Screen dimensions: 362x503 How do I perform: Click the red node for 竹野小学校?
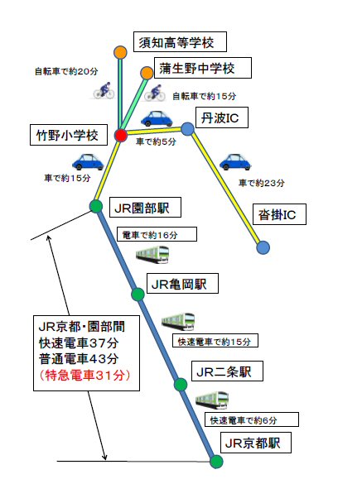pos(121,136)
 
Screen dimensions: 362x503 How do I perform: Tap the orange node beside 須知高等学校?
pos(120,52)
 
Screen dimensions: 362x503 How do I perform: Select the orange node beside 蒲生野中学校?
pos(147,73)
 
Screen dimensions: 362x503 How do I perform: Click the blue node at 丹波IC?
pos(187,129)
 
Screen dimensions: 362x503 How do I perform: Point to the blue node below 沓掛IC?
pos(263,247)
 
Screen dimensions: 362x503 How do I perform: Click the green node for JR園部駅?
pos(96,206)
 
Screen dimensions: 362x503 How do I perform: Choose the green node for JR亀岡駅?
pos(138,295)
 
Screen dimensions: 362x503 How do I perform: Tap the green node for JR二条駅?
pos(181,385)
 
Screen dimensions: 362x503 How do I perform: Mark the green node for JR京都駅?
pos(216,462)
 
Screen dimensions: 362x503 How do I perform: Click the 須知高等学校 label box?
pos(180,41)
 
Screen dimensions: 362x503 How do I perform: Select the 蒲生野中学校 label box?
pos(203,68)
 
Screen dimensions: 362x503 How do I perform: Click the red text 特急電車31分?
pos(85,375)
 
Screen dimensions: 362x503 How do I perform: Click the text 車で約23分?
pos(262,183)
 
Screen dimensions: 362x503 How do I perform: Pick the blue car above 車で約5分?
pos(157,118)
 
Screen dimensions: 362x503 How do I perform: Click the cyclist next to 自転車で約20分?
pos(104,90)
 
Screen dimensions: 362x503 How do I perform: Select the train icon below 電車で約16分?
pos(152,255)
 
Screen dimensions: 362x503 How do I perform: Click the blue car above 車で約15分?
pos(88,161)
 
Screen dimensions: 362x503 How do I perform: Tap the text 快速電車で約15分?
pos(214,342)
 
